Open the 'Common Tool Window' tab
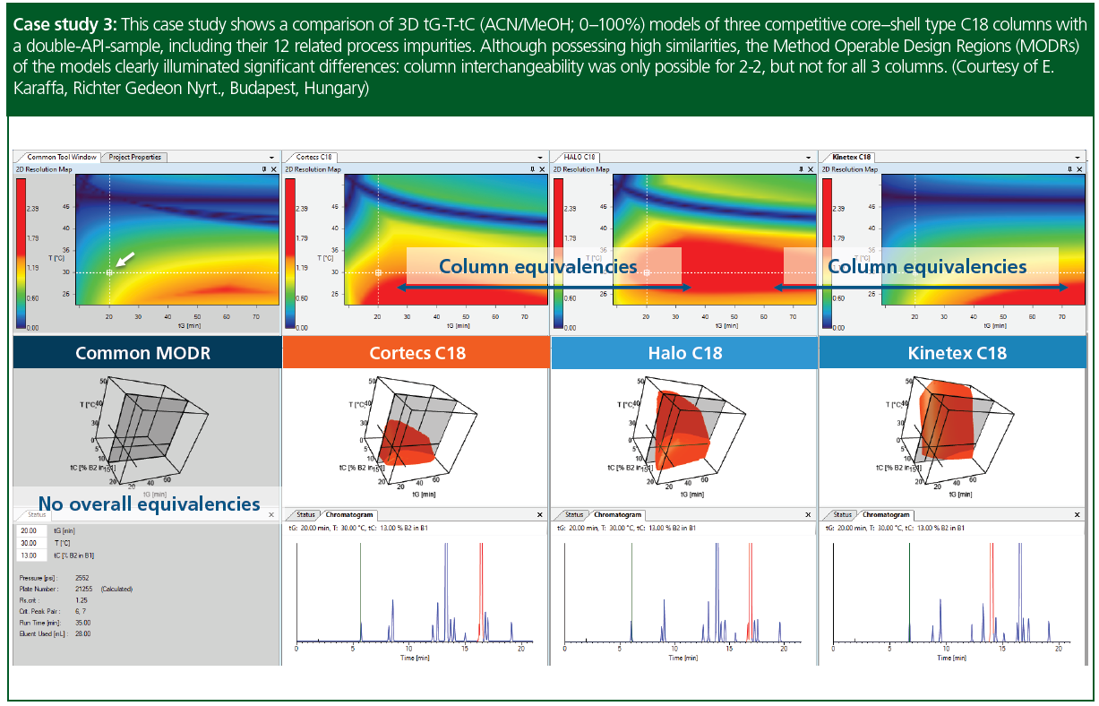61,157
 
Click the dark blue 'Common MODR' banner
143,353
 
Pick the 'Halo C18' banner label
684,353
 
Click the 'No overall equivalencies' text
149,503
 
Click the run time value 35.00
82,622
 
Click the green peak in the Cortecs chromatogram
360,582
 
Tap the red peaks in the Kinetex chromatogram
992,582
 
